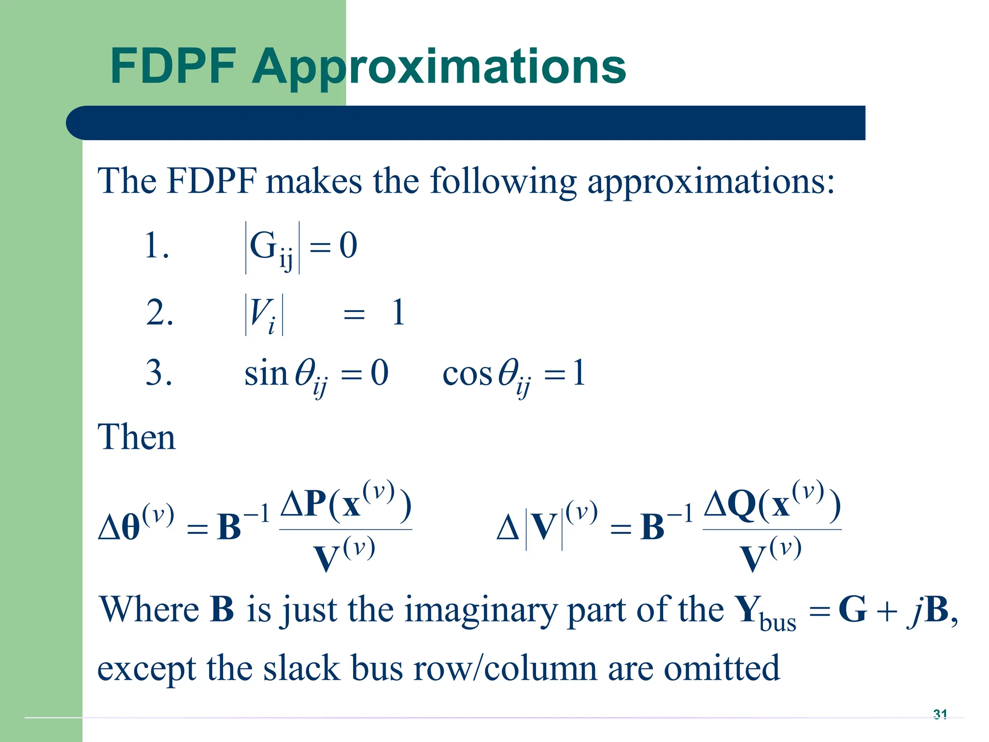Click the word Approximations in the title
[438, 68]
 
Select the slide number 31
[940, 714]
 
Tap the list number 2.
[159, 313]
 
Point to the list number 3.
[158, 373]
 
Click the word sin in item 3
[266, 374]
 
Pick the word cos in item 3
[467, 374]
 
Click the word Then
[137, 437]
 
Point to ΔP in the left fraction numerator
[302, 505]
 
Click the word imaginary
[480, 610]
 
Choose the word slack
[301, 669]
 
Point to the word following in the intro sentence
[503, 182]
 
